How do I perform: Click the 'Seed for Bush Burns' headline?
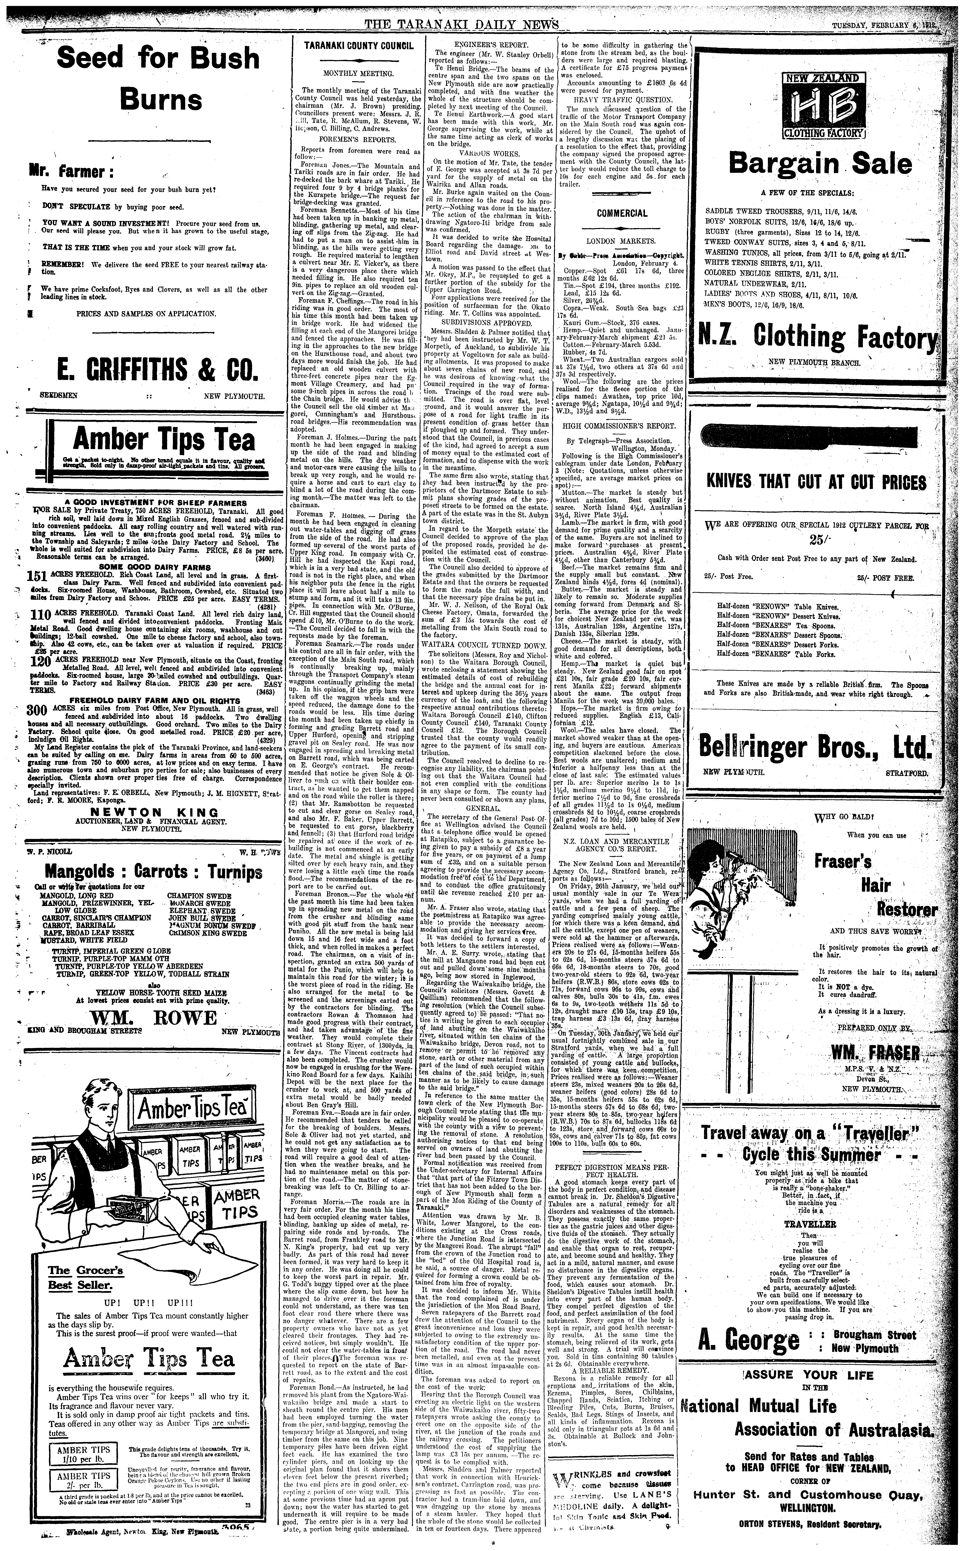[158, 80]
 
